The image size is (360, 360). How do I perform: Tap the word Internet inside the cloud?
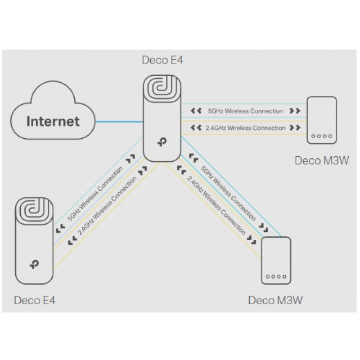53,121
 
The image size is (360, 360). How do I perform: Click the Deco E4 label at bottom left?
35,300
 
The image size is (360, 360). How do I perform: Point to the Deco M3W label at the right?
322,161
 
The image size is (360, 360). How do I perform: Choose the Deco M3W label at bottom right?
276,300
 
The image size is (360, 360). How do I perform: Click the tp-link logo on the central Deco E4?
162,143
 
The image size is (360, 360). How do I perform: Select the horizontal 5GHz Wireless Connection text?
245,111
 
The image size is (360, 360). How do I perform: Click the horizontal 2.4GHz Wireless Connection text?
245,128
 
